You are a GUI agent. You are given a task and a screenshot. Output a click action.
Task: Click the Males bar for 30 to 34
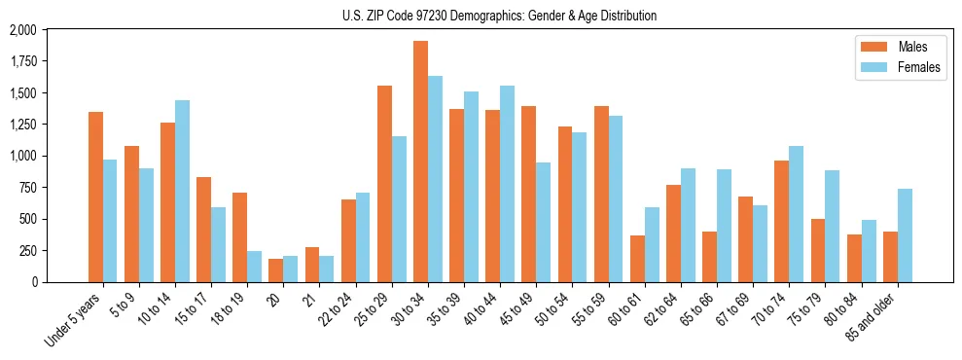[420, 162]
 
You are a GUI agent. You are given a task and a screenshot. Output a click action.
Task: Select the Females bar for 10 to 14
[182, 191]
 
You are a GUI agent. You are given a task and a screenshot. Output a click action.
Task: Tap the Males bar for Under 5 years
[95, 197]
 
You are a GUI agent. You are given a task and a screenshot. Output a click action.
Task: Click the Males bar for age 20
[276, 270]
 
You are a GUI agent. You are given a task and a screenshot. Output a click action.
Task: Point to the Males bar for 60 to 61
[637, 259]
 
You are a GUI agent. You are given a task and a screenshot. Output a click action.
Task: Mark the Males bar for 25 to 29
[384, 184]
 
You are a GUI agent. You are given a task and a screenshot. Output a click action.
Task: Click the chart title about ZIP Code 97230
[499, 16]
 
